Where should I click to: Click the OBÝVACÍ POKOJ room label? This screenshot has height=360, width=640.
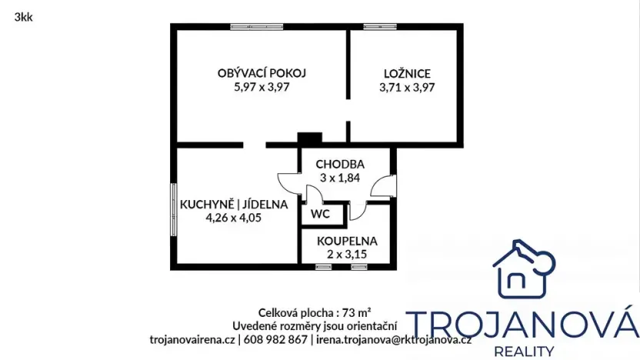click(262, 73)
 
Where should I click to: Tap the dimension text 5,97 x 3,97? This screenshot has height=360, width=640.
click(262, 87)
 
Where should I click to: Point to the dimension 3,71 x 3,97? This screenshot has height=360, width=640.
click(407, 87)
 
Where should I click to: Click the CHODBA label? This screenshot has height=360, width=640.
click(339, 164)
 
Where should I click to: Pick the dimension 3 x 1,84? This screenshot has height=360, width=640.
click(339, 178)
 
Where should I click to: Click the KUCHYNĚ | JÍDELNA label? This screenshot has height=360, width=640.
click(234, 205)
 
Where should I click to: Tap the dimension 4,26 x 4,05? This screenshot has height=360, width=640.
click(234, 218)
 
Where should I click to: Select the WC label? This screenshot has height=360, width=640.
click(319, 215)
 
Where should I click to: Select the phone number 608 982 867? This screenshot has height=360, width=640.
click(275, 338)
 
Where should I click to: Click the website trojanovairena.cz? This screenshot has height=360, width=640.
click(192, 338)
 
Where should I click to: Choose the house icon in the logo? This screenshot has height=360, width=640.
click(524, 268)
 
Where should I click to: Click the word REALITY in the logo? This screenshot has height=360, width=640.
click(523, 351)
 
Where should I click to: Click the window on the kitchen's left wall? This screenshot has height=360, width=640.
click(173, 208)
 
